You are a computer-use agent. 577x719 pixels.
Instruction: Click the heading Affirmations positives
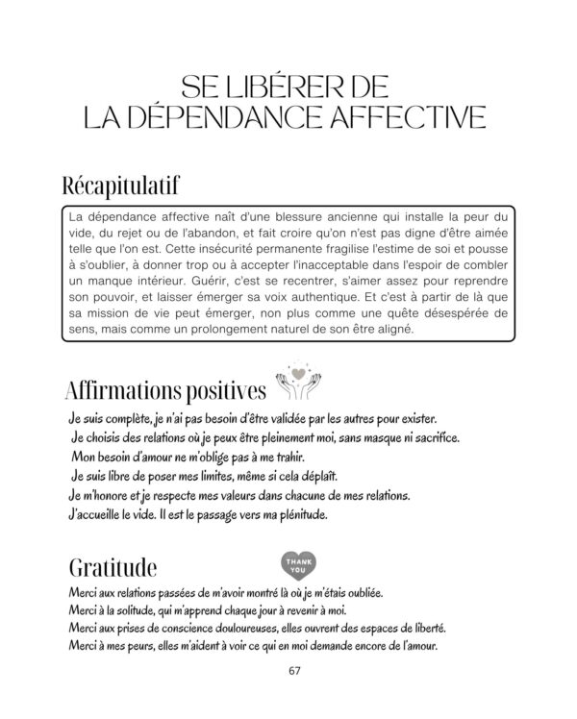[x=164, y=391]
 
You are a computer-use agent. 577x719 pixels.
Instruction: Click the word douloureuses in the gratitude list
[x=261, y=628]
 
